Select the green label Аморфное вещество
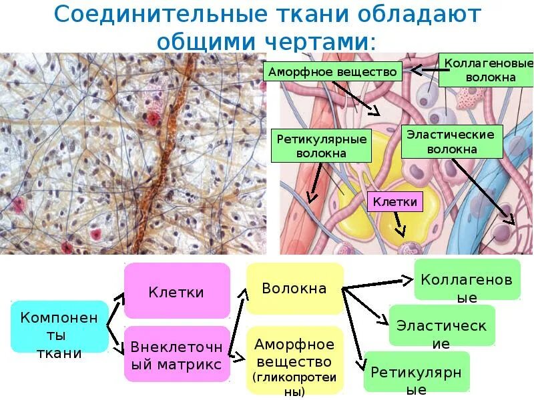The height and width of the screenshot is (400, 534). [332, 71]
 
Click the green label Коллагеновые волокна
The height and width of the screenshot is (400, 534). [489, 70]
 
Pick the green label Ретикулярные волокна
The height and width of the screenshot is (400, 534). [322, 146]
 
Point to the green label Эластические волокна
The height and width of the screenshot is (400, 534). [451, 142]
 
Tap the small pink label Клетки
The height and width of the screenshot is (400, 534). [394, 201]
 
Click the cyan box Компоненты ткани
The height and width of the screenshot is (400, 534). [59, 326]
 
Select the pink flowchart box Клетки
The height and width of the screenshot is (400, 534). [176, 291]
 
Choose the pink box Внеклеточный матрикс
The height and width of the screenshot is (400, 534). [176, 354]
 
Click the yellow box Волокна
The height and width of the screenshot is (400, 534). [294, 289]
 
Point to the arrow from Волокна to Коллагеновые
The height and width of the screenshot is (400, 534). [377, 283]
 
